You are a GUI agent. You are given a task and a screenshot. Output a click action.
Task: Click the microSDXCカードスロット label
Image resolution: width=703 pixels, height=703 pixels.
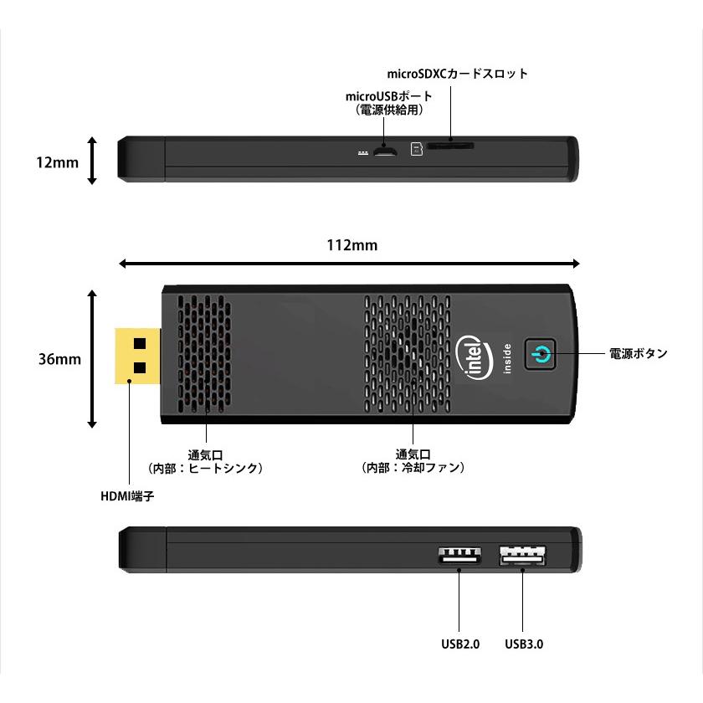coord(458,74)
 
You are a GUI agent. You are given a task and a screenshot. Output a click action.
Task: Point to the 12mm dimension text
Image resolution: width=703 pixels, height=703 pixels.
coord(57,162)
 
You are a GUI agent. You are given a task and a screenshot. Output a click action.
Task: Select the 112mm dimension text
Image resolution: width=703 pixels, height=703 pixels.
coord(351,245)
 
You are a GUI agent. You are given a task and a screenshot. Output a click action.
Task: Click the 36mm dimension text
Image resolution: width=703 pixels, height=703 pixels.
coord(59,359)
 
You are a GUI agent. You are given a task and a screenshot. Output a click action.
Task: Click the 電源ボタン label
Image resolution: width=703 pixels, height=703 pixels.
coord(637,354)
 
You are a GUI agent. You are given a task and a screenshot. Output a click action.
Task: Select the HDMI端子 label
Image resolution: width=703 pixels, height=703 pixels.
coord(127,495)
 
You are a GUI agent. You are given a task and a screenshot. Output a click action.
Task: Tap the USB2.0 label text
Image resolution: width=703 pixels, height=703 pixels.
coord(460,644)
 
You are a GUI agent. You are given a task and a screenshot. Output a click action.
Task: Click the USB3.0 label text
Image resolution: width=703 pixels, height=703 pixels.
coord(525,644)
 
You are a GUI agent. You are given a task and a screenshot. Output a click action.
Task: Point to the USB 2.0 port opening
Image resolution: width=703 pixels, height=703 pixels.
coord(459,556)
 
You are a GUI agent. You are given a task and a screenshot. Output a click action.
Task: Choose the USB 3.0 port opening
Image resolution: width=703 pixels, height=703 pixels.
coord(522,556)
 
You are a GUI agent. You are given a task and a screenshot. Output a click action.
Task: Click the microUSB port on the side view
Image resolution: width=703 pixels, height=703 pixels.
coord(385,152)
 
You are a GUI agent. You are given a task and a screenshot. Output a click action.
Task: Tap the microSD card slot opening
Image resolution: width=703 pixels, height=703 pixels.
coord(450,146)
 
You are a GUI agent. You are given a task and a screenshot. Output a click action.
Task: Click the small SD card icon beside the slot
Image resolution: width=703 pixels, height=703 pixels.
coord(416,149)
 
